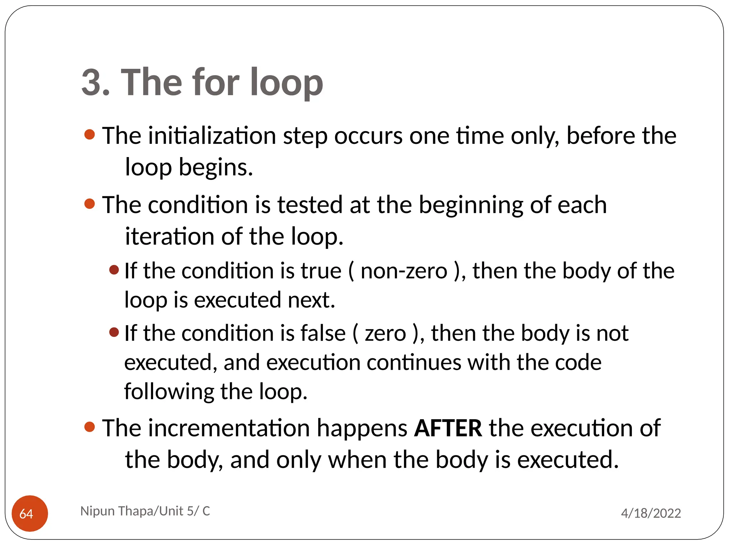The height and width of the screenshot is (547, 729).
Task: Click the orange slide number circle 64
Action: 30,513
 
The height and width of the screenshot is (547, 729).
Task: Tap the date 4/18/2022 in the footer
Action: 651,513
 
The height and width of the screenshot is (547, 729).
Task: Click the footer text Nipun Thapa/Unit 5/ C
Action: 145,511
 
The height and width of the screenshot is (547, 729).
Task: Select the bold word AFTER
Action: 448,428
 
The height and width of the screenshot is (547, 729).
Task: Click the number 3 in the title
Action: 91,83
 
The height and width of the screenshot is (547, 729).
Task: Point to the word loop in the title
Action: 287,83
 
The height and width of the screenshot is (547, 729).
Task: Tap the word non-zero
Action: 404,271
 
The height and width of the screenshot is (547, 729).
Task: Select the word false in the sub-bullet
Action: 323,333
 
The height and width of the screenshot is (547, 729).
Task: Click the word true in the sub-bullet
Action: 321,271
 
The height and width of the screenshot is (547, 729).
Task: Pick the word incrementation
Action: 229,428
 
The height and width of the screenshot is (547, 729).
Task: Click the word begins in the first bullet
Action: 215,167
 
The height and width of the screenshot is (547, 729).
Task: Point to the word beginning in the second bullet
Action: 471,205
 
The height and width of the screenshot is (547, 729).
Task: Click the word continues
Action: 414,363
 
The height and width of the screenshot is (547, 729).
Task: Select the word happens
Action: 362,429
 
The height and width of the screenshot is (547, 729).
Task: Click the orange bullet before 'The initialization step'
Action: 90,135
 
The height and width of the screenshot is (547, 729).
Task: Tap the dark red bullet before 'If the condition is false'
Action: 114,332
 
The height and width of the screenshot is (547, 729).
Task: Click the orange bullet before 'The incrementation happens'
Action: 90,427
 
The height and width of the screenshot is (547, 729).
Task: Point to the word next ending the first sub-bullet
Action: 311,300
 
